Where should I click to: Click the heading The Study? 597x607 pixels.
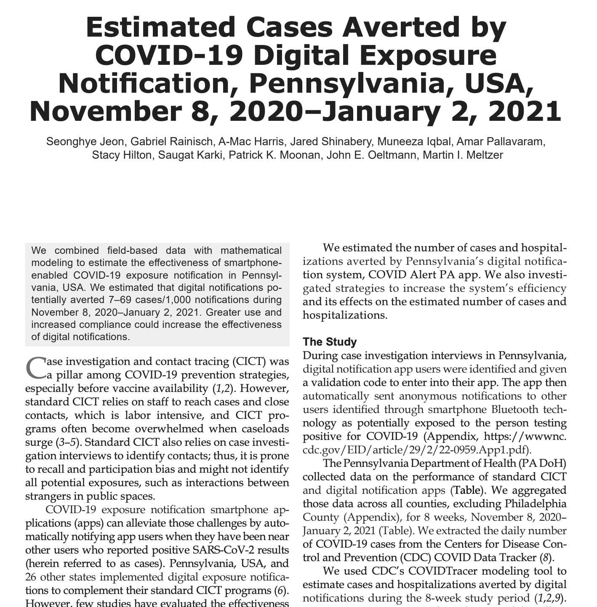coord(330,341)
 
